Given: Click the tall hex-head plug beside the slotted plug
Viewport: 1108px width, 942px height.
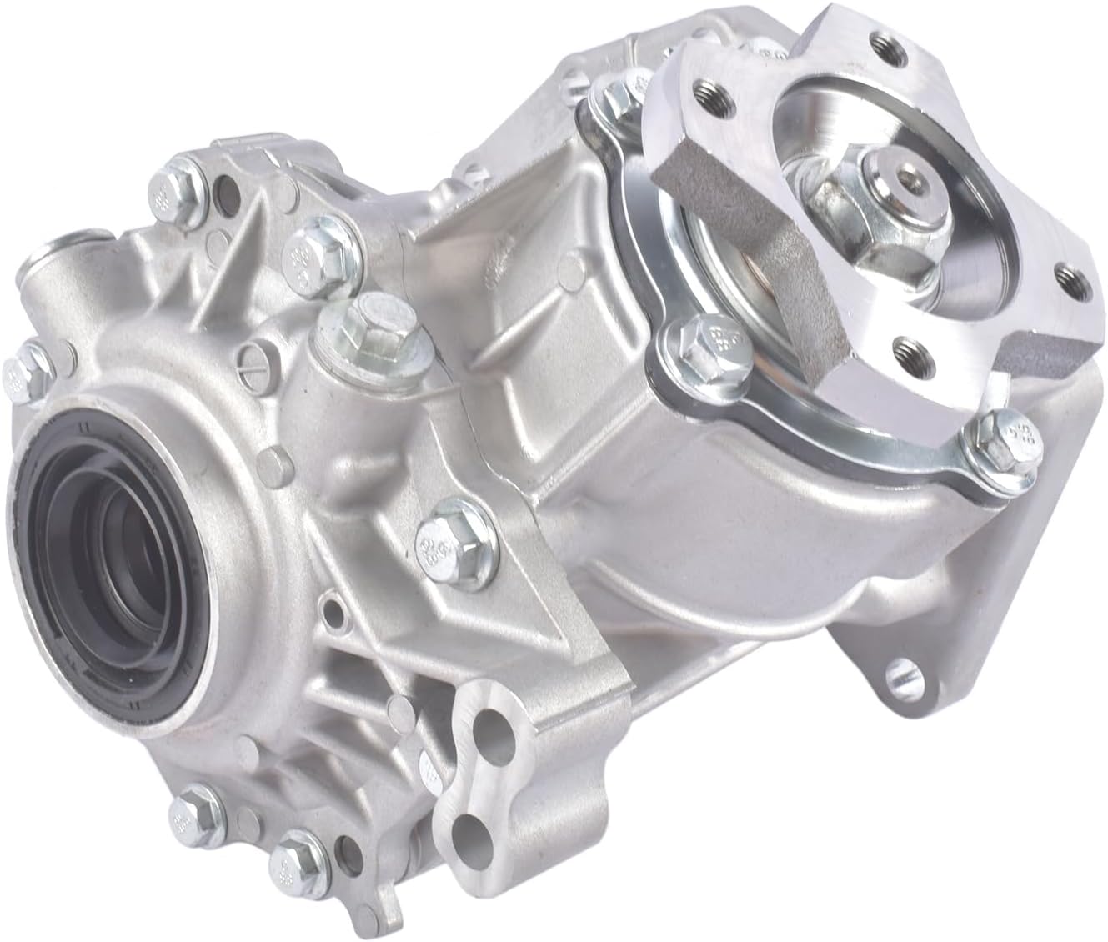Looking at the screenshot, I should (x=343, y=316).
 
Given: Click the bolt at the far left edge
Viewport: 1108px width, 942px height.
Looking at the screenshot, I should (x=18, y=371).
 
